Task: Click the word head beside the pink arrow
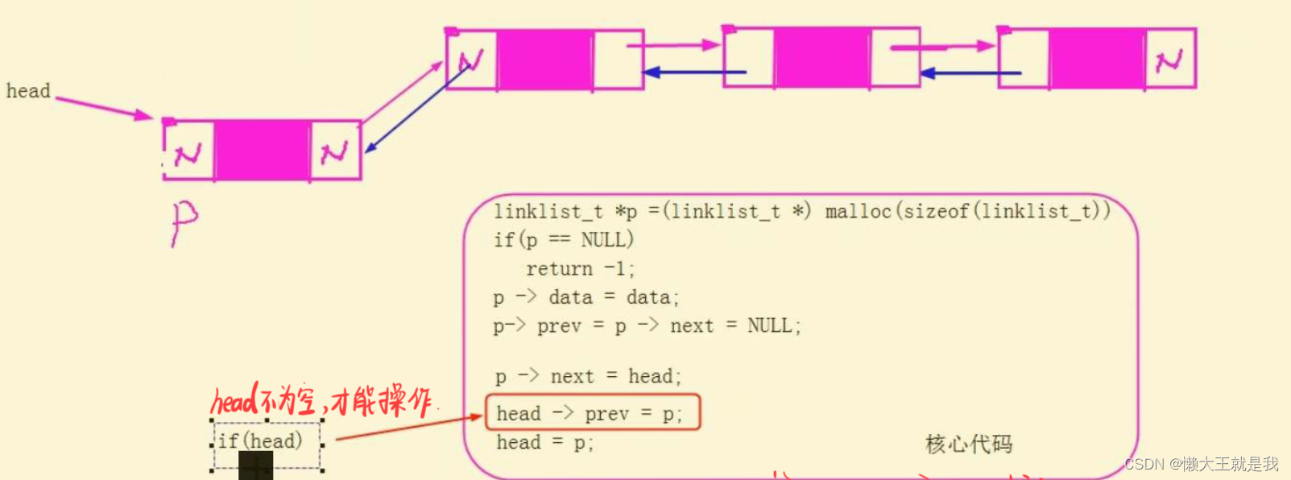point(28,91)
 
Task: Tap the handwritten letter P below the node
point(184,222)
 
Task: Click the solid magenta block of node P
point(262,151)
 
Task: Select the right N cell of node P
point(334,151)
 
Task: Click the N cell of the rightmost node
point(1169,59)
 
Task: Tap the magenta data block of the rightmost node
point(1096,59)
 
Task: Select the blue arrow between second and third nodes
point(970,73)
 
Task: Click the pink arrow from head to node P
point(103,108)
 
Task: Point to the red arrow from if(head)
point(407,428)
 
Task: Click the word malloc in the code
point(858,211)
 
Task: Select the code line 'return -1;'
point(580,268)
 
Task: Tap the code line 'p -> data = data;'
point(586,297)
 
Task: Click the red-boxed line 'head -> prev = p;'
point(590,413)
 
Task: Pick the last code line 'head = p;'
point(544,442)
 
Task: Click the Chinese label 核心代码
point(969,444)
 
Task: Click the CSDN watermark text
point(1200,464)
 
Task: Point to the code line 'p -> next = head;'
point(588,376)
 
